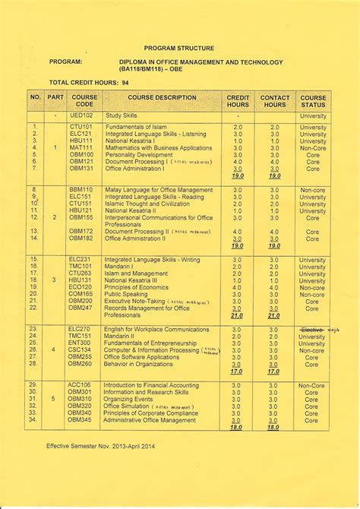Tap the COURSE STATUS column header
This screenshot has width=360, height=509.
[313, 102]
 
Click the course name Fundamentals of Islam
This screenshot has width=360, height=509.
[136, 127]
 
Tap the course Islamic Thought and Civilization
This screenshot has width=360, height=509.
[147, 204]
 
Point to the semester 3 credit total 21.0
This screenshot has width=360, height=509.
[237, 315]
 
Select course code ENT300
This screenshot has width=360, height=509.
[81, 343]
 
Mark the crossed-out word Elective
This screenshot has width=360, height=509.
[311, 329]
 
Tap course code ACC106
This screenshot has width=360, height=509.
[81, 385]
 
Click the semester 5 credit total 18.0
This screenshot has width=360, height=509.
[237, 428]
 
